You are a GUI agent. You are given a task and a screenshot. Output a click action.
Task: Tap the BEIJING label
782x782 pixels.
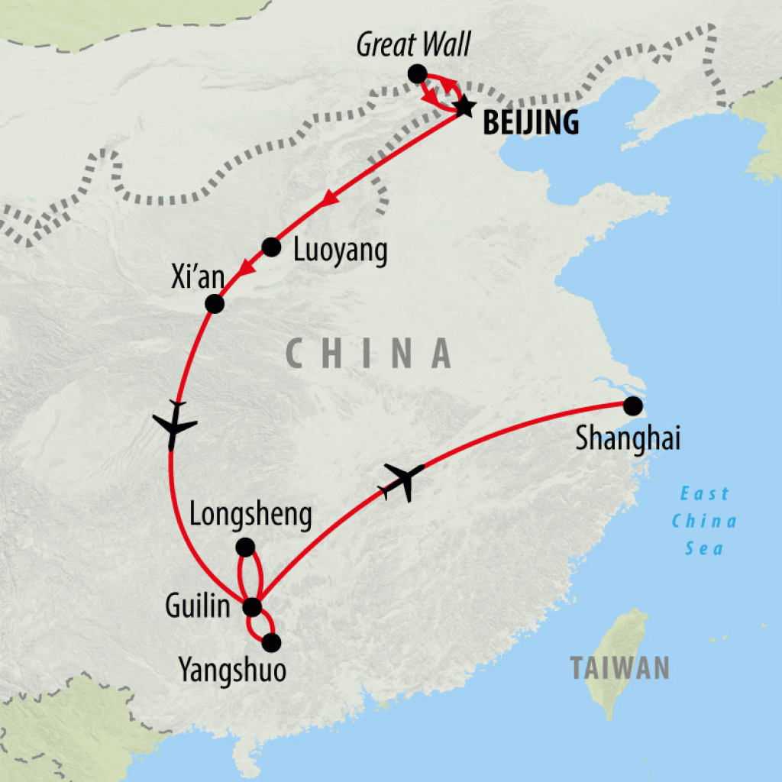pyautogui.click(x=531, y=123)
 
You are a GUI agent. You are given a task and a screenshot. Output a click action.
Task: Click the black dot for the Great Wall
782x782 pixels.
pyautogui.click(x=417, y=74)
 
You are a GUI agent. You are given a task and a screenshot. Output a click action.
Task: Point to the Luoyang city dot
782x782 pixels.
pyautogui.click(x=271, y=247)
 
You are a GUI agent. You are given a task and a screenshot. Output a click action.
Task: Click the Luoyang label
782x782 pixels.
pyautogui.click(x=341, y=250)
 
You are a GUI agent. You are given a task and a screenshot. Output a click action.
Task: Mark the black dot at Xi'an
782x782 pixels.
pyautogui.click(x=215, y=304)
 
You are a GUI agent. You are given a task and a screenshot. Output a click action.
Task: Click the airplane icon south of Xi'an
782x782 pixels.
pyautogui.click(x=175, y=424)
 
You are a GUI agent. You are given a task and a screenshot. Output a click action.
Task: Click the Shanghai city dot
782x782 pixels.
pyautogui.click(x=632, y=406)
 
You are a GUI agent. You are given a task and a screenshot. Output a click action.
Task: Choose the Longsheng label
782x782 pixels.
pyautogui.click(x=250, y=515)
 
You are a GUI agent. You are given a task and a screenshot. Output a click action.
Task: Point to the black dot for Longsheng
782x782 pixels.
pyautogui.click(x=245, y=547)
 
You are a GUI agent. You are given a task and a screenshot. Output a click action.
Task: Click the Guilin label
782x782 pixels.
pyautogui.click(x=198, y=607)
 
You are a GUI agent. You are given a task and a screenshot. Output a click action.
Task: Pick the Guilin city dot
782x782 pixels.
pyautogui.click(x=251, y=608)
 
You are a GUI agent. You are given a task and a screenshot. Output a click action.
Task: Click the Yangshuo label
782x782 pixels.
pyautogui.click(x=232, y=671)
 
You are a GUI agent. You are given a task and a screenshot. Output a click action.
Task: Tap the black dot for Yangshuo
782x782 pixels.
pyautogui.click(x=271, y=643)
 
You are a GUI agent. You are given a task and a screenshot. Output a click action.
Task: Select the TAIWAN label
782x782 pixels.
pyautogui.click(x=620, y=667)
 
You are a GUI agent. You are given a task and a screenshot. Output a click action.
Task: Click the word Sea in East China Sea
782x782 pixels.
pyautogui.click(x=703, y=548)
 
